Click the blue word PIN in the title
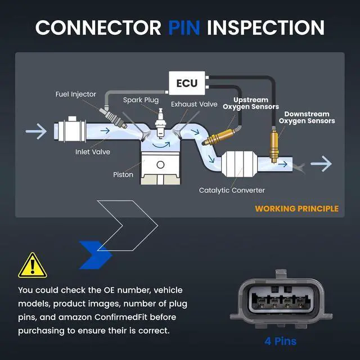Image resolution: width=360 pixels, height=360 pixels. [184, 28]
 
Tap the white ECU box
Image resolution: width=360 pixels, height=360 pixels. [187, 83]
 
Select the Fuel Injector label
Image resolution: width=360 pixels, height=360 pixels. [76, 94]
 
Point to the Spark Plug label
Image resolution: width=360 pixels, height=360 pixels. [141, 100]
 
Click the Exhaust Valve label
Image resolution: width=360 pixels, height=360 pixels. [194, 104]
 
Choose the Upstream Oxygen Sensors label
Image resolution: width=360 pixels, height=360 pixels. [251, 103]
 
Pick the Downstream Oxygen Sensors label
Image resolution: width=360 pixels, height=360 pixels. [307, 118]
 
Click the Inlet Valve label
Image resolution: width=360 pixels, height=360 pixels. [93, 152]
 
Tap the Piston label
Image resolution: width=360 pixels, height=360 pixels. [123, 174]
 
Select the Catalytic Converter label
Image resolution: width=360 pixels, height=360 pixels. [232, 190]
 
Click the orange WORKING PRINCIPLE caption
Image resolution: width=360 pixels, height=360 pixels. [296, 209]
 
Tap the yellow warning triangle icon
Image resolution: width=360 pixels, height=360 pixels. [33, 265]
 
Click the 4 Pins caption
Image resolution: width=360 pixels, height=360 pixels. [280, 341]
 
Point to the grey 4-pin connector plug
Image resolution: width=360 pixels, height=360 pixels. [281, 299]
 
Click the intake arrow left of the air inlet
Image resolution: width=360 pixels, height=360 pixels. [36, 131]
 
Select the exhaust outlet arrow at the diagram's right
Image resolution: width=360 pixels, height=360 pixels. [321, 164]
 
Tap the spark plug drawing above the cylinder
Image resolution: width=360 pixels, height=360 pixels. [160, 124]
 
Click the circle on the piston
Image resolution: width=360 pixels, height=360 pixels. [160, 165]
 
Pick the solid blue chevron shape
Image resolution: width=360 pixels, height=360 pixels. [95, 255]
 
